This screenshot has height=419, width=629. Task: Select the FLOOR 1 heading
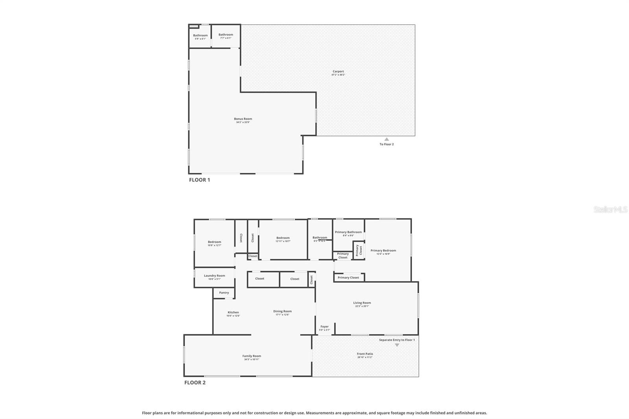[199, 180]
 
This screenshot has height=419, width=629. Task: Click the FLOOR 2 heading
[195, 382]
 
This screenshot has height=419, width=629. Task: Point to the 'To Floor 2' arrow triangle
[386, 139]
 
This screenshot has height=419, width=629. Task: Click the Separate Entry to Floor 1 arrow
[397, 345]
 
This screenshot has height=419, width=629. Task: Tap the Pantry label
[224, 292]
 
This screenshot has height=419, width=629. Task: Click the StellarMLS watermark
[611, 209]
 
